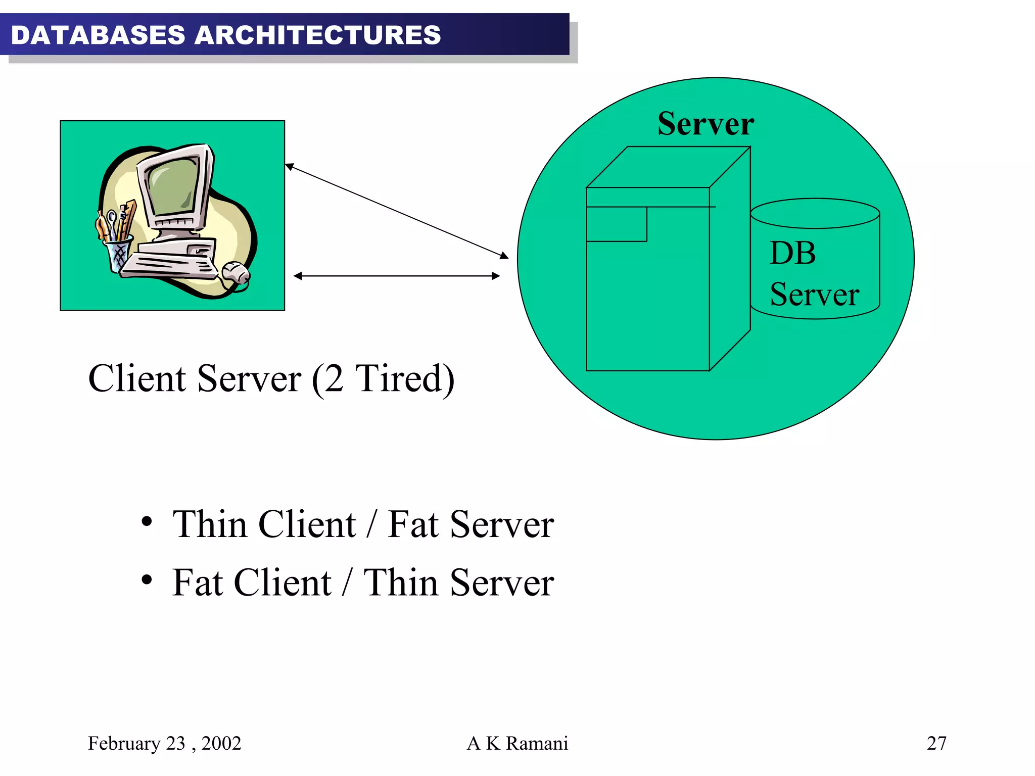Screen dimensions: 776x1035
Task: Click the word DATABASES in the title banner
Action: pos(98,35)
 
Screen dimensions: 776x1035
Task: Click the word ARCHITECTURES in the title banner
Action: pos(317,35)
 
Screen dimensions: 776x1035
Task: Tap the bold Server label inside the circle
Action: pos(705,124)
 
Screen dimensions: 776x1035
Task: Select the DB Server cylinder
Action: pos(815,259)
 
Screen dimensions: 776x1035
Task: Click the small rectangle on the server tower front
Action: pos(617,224)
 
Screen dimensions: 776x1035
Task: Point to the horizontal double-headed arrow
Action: pos(397,276)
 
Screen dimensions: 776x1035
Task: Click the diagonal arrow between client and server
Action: pos(397,211)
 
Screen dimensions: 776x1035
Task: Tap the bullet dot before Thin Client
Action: pos(147,522)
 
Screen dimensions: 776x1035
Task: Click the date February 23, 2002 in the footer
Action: pos(164,744)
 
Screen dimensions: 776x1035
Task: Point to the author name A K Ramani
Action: pos(517,744)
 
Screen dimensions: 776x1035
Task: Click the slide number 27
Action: pos(936,744)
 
